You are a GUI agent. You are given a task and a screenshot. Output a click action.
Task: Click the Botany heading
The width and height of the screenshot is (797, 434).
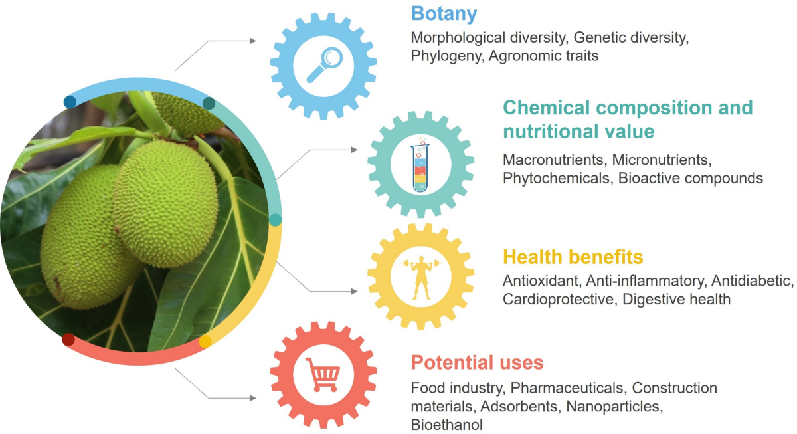click(444, 14)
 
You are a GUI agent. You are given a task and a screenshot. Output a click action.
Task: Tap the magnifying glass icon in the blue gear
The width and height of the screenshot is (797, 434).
click(325, 64)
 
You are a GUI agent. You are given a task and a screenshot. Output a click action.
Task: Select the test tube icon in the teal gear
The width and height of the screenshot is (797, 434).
click(420, 165)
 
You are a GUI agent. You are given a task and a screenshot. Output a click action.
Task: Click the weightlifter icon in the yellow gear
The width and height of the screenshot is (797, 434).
click(421, 278)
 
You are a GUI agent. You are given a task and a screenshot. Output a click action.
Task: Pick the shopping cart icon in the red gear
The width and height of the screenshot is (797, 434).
click(323, 375)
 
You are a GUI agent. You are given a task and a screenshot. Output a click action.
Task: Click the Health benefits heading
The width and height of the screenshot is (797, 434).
click(573, 257)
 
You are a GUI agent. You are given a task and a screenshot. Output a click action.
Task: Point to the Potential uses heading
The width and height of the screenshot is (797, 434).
click(477, 362)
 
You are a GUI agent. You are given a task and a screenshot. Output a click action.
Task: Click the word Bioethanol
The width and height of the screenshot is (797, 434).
click(446, 425)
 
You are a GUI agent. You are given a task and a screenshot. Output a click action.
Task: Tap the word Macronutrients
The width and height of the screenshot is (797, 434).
click(555, 160)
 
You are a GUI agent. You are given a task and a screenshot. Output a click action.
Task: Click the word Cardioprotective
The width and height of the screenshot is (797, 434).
click(559, 300)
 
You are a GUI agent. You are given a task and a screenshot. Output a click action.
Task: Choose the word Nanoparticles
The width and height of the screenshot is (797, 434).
click(614, 406)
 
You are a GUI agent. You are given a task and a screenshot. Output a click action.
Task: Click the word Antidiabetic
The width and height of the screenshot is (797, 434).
click(752, 281)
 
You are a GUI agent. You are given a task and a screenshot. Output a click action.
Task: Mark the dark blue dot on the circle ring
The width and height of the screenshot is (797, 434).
click(70, 102)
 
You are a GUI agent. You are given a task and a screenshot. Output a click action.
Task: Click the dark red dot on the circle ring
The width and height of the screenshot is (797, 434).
click(68, 340)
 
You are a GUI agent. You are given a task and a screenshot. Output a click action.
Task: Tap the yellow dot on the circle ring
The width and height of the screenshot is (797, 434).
click(205, 342)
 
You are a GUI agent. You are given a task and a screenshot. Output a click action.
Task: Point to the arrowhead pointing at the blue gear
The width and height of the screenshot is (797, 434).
click(253, 41)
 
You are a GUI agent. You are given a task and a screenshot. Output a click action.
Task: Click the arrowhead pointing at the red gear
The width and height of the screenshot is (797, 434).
click(253, 398)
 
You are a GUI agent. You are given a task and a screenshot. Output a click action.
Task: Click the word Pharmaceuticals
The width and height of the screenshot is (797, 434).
click(567, 388)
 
